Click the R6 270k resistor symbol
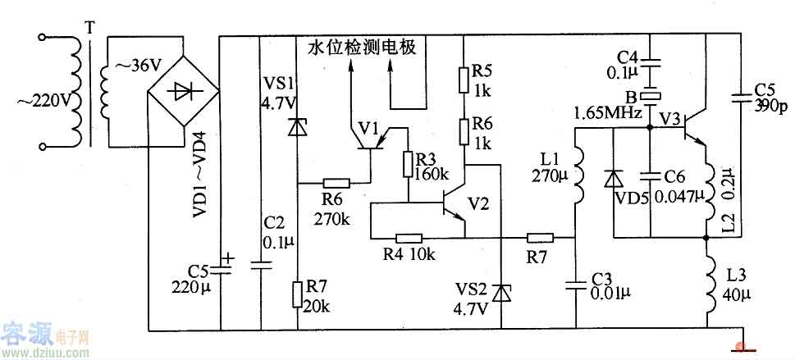tap(336, 184)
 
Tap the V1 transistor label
tap(368, 128)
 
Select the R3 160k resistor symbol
tap(407, 165)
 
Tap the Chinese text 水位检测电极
tap(363, 48)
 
